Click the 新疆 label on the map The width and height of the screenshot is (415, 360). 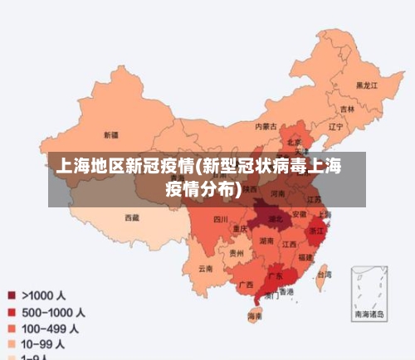(110, 134)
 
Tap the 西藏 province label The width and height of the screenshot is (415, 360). (132, 217)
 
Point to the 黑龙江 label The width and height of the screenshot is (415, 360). (366, 85)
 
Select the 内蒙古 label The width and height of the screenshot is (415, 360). (266, 126)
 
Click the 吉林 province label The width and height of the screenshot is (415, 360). (347, 109)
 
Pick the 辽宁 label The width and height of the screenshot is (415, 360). (335, 127)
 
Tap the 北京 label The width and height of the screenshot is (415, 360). (293, 142)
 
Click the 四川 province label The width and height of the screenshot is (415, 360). (220, 220)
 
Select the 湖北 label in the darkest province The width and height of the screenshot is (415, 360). (273, 221)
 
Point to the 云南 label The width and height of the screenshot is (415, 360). (206, 268)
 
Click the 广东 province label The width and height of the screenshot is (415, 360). (275, 275)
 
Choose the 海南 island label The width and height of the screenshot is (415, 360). (255, 316)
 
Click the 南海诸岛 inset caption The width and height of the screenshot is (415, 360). (369, 314)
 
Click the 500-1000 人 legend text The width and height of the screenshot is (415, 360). (53, 313)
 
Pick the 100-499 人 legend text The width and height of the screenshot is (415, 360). (51, 328)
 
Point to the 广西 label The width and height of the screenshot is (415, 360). (246, 285)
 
